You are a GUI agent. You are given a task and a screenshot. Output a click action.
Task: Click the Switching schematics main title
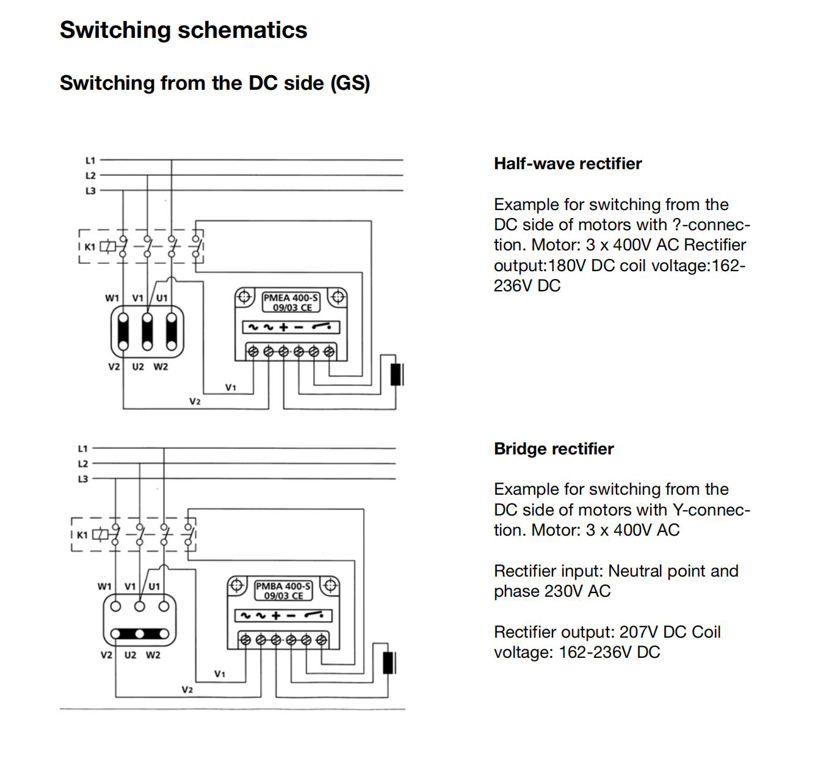click(x=183, y=30)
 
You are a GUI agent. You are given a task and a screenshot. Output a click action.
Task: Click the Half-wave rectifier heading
click(x=567, y=164)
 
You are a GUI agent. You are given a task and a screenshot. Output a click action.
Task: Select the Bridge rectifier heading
click(x=553, y=449)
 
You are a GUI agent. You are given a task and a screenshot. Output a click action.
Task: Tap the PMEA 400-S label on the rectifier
click(x=291, y=298)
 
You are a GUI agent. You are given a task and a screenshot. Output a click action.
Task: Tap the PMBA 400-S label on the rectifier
click(x=283, y=586)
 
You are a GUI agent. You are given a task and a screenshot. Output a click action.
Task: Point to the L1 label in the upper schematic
click(x=90, y=161)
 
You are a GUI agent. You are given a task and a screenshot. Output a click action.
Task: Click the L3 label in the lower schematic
click(x=83, y=479)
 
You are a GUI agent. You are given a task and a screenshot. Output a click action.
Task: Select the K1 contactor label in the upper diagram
click(x=90, y=247)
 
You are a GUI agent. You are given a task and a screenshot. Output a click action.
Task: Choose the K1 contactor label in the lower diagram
click(x=82, y=534)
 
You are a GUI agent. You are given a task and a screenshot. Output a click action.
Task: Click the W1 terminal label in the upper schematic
click(x=112, y=298)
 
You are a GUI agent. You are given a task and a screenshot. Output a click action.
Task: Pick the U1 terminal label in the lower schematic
click(x=154, y=586)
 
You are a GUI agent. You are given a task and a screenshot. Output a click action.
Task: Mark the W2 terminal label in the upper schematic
click(x=161, y=366)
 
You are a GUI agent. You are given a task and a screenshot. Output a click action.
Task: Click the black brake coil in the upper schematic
click(x=396, y=374)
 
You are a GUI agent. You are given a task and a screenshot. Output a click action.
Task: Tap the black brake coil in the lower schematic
click(x=388, y=662)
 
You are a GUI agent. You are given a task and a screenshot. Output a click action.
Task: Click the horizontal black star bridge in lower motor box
click(x=140, y=633)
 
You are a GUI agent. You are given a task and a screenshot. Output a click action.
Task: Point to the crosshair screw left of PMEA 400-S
click(x=244, y=297)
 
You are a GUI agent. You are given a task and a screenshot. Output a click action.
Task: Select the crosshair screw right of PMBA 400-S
click(x=330, y=585)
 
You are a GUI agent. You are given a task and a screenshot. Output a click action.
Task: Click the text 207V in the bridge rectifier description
click(x=639, y=632)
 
